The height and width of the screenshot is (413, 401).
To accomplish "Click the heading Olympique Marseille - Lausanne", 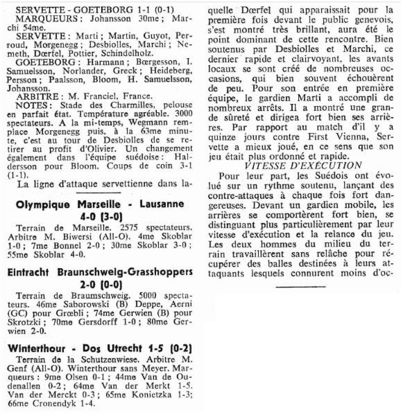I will [100, 204].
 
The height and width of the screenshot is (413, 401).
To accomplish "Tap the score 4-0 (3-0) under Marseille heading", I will [100, 216].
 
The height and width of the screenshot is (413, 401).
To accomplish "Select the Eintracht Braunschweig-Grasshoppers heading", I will [100, 273].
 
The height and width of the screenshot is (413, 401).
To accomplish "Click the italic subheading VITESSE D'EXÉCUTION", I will [303, 166].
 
